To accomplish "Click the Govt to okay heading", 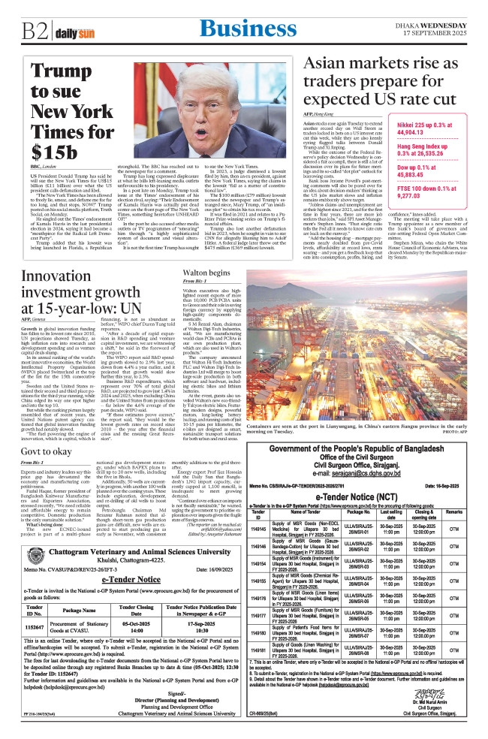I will click(49, 472).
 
